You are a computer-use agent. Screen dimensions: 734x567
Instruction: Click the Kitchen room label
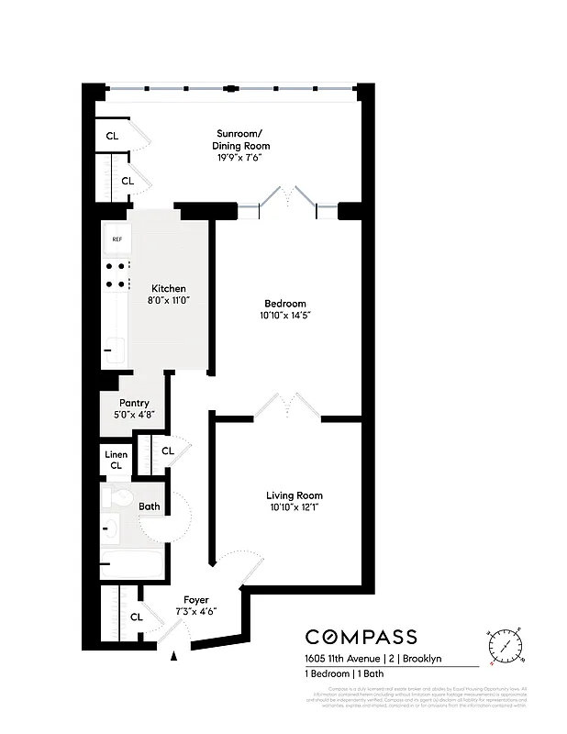tap(169, 288)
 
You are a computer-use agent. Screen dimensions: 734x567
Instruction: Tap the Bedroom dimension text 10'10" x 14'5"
tap(284, 317)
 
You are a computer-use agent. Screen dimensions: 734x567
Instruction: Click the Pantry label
tap(134, 403)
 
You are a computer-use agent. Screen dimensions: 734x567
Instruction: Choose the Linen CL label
tap(116, 460)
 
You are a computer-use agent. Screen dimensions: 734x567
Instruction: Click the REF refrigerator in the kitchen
tap(117, 239)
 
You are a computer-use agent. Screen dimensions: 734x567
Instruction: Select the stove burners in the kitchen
tap(117, 274)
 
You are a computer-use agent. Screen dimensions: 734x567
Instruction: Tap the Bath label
tap(149, 506)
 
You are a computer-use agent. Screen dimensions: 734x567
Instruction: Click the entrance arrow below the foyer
tap(174, 655)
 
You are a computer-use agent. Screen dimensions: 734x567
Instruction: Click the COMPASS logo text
tap(361, 637)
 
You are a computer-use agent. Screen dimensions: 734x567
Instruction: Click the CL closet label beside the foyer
tap(136, 617)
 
